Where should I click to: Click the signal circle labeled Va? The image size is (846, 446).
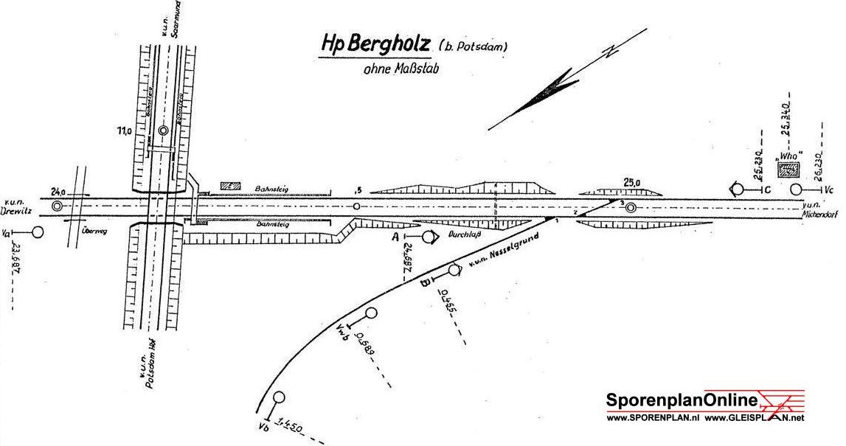[x=38, y=232]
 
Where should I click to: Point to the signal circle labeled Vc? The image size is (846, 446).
[x=796, y=189]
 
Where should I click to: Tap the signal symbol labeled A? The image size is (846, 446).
[x=428, y=237]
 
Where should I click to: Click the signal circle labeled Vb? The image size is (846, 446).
[x=279, y=398]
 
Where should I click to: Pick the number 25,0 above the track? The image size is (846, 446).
[x=632, y=181]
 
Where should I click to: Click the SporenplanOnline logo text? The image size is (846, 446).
[x=682, y=400]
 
